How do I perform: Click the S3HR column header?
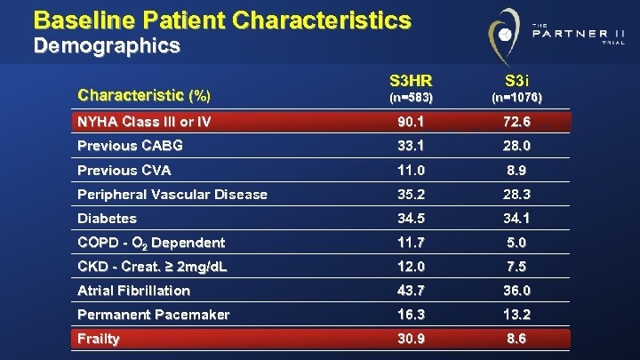click(410, 79)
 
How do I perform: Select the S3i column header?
click(516, 79)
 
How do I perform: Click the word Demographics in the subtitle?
click(107, 44)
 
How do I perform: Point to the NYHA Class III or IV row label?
click(144, 122)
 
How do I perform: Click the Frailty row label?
click(99, 339)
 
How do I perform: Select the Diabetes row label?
click(108, 218)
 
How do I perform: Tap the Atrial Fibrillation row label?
click(134, 291)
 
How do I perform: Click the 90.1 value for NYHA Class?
click(411, 122)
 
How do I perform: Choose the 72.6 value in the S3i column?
click(516, 122)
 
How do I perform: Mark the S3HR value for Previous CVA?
click(411, 170)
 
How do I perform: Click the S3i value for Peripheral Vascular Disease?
click(516, 194)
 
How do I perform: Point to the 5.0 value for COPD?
click(516, 243)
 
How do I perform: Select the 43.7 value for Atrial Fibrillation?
click(411, 291)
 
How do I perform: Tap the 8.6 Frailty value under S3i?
click(516, 339)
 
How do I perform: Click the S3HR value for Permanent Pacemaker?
click(411, 315)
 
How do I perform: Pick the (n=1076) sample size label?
click(516, 97)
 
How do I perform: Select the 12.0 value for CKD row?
click(411, 267)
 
